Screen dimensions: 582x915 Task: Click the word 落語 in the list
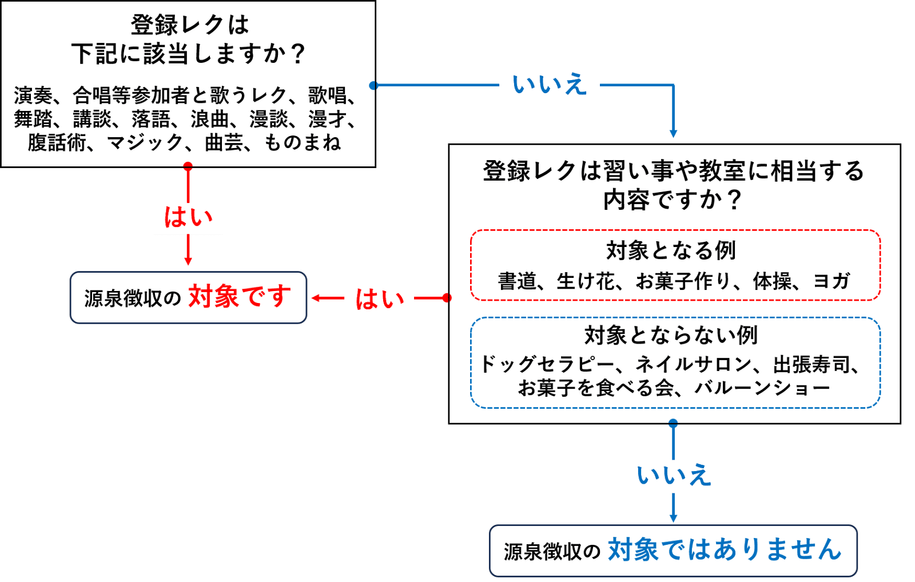151,119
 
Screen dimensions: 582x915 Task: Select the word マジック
145,142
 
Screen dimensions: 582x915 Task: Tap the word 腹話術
57,142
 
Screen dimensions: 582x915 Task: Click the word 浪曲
210,119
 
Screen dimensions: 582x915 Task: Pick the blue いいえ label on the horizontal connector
549,85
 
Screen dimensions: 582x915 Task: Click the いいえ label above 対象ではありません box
674,476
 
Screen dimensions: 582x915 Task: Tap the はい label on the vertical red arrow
188,218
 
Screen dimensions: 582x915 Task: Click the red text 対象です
239,297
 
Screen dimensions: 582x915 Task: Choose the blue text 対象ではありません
724,550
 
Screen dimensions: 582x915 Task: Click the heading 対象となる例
671,250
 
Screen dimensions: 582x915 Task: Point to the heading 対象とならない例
671,336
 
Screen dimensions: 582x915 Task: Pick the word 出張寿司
812,364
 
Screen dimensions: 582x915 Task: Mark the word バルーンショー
762,388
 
